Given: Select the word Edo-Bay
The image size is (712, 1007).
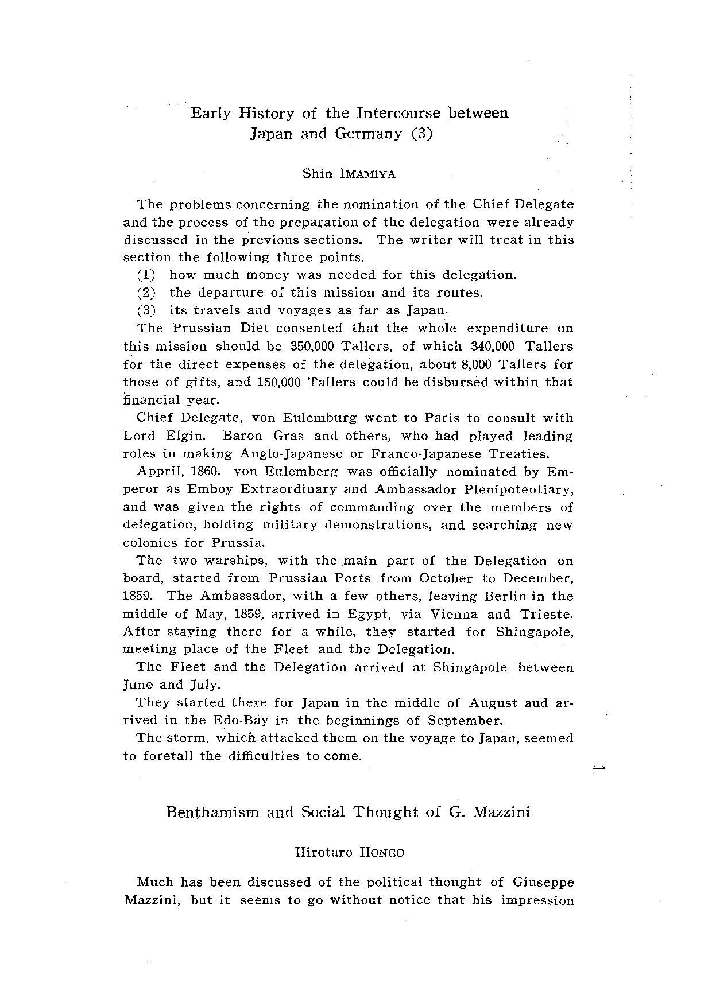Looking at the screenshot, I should click(234, 721).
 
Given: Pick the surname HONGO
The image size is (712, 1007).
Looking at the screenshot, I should click(382, 853).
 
